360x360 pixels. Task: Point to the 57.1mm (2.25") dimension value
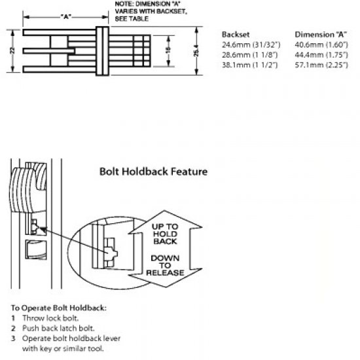point(321,67)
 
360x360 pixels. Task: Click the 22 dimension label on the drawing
point(12,50)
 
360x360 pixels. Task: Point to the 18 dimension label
point(168,51)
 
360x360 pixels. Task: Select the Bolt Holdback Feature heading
point(153,172)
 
